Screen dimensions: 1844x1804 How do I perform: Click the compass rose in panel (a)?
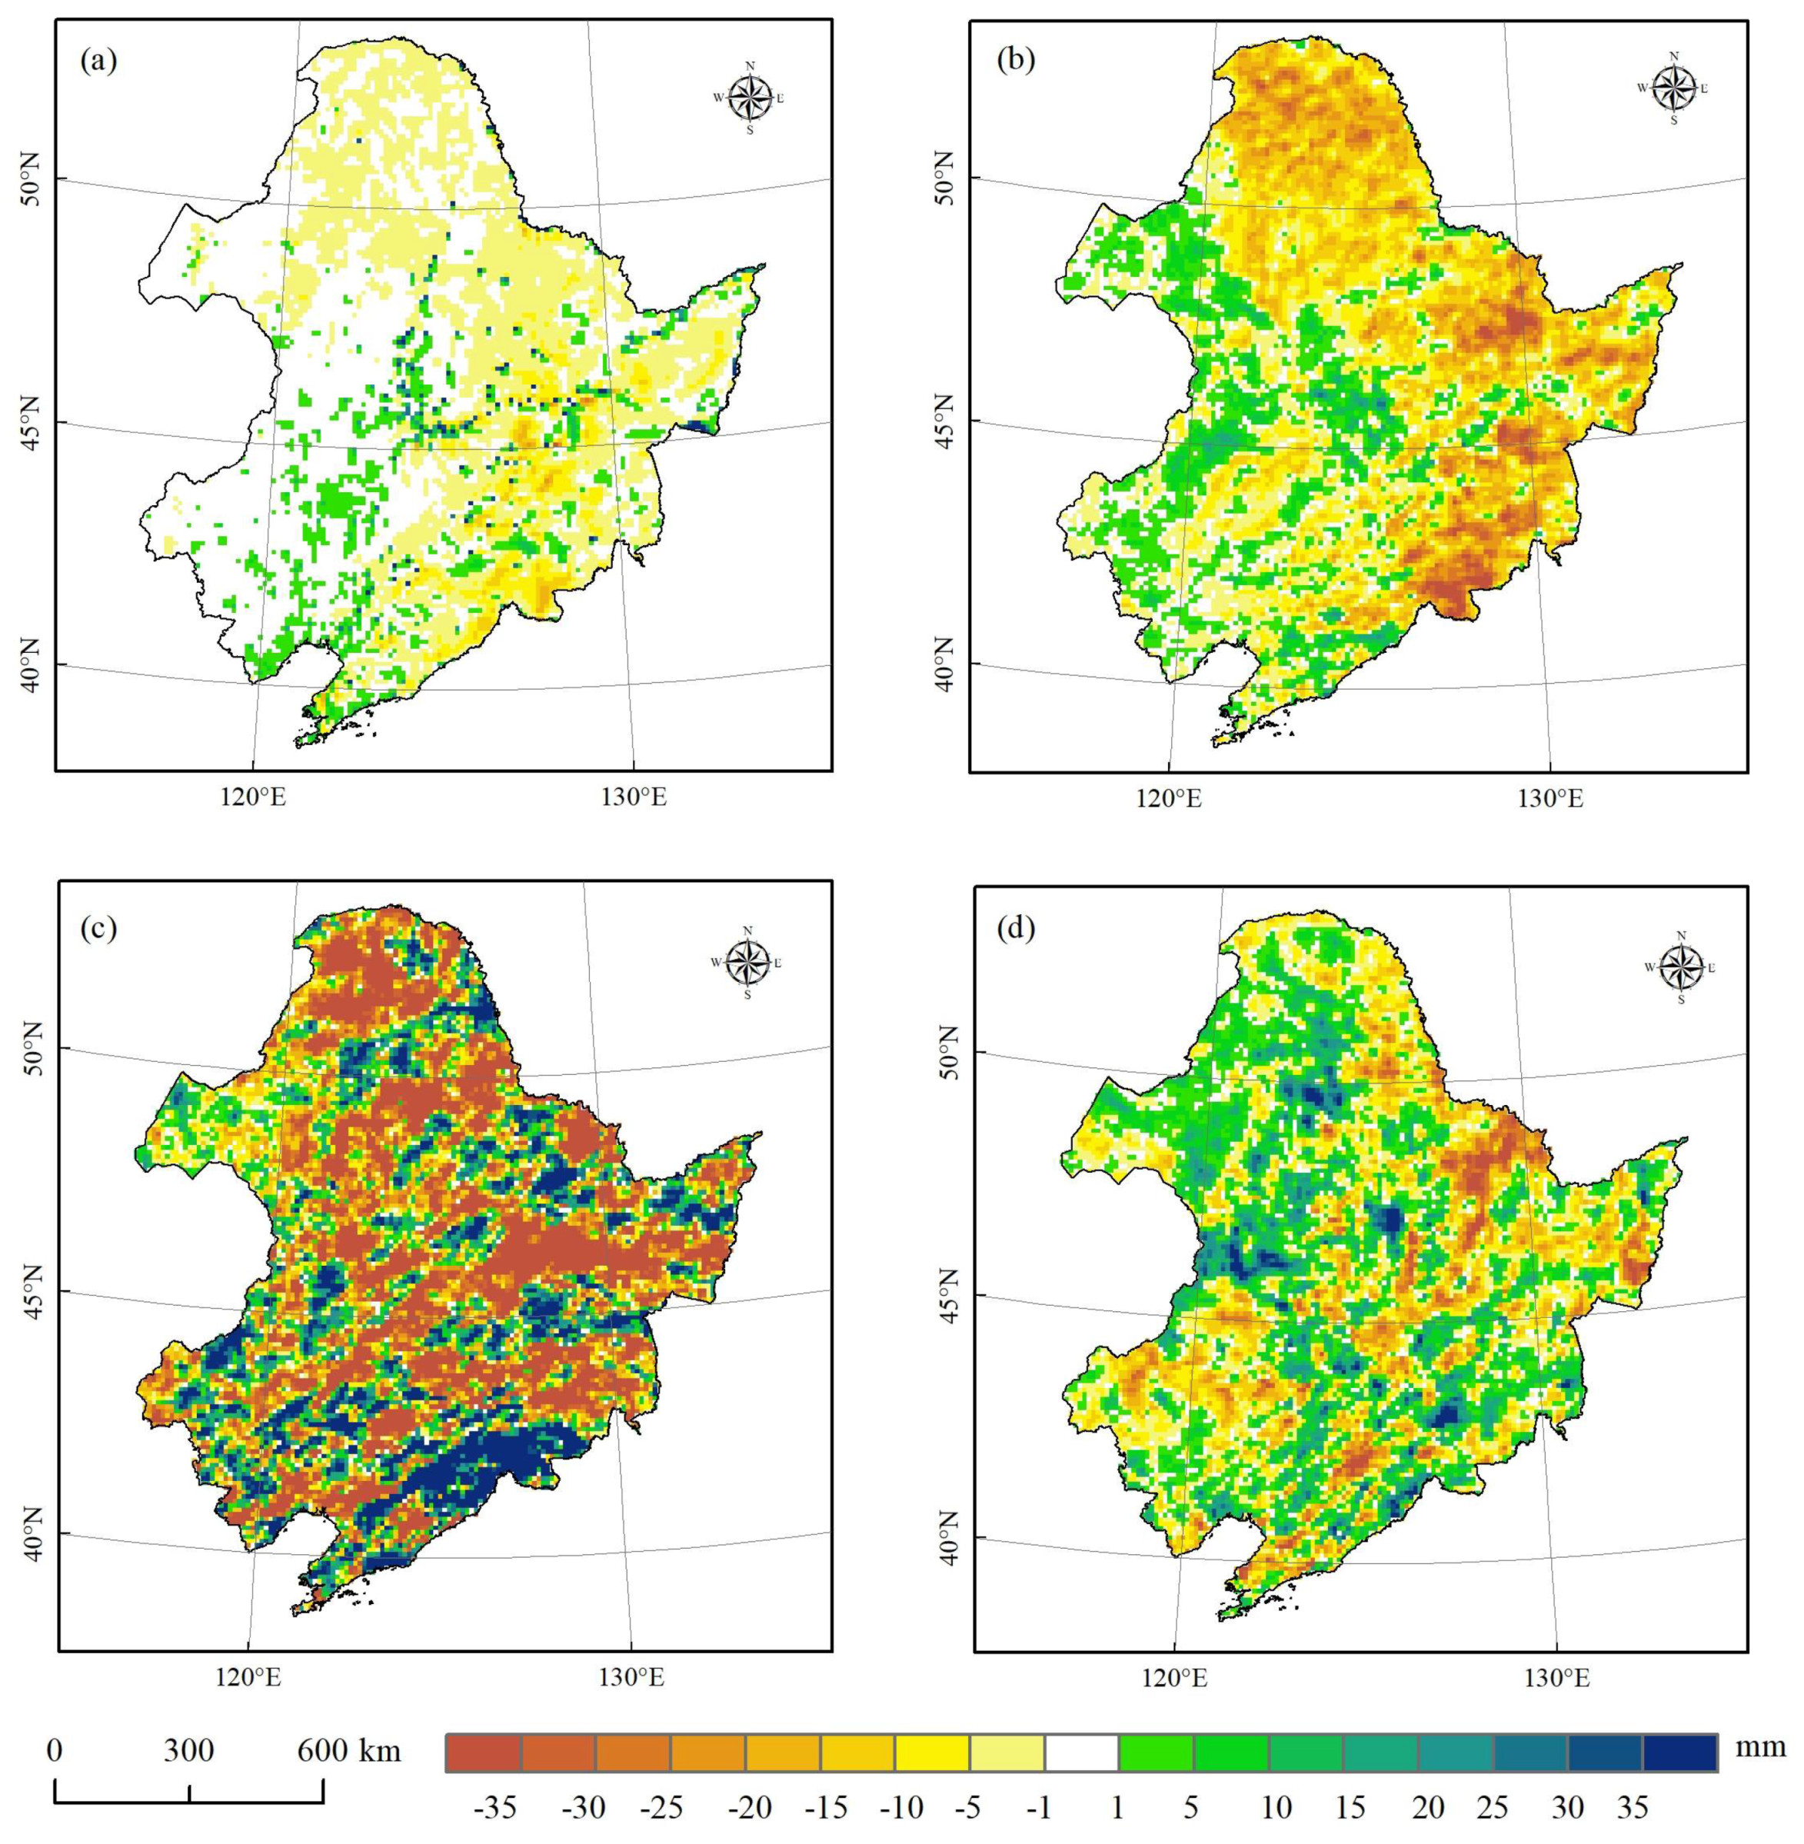click(x=751, y=97)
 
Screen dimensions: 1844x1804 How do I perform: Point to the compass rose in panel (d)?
click(x=1682, y=967)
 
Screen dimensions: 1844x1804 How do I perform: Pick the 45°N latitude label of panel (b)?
click(x=947, y=421)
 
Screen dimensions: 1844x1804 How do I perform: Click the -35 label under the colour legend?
click(x=494, y=1807)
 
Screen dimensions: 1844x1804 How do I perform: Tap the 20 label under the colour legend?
click(x=1429, y=1807)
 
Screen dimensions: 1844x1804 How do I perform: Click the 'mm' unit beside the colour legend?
click(x=1760, y=1746)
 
